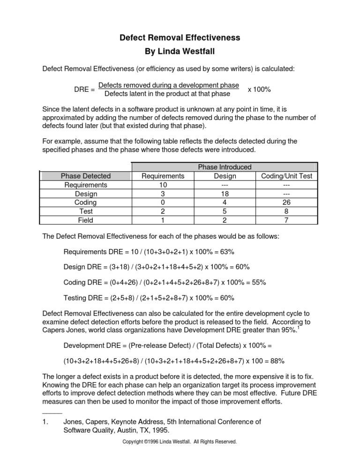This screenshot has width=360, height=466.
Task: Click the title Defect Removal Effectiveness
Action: click(x=180, y=37)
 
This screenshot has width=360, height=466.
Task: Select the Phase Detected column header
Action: click(x=86, y=176)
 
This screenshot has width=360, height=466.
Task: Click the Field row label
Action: click(x=86, y=220)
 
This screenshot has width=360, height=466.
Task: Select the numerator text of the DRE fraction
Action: click(x=169, y=85)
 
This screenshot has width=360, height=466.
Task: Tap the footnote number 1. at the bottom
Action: click(x=45, y=421)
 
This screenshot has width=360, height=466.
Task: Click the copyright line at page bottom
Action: click(x=180, y=442)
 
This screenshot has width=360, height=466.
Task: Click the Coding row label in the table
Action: click(x=86, y=203)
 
